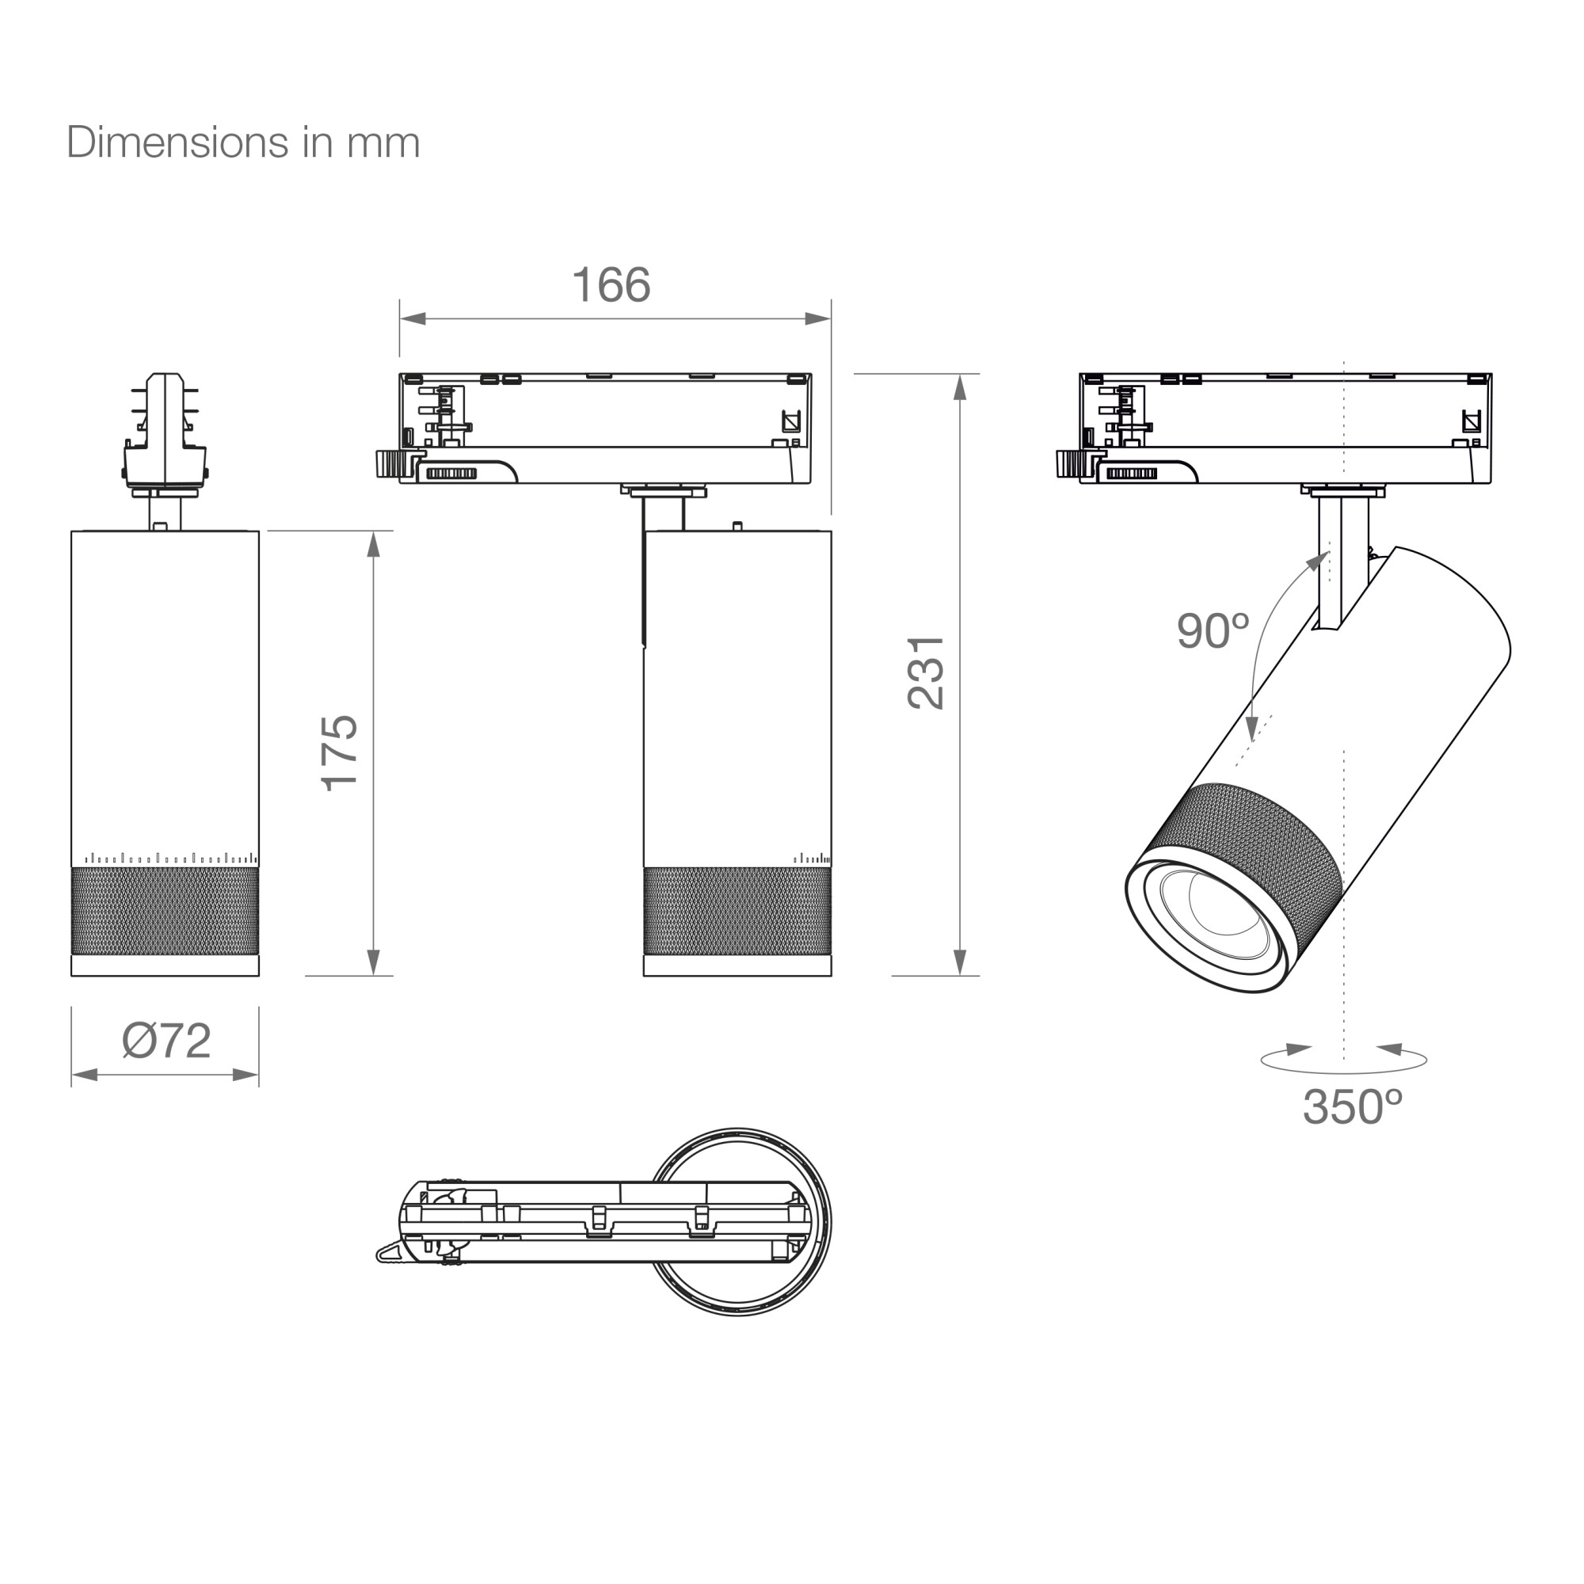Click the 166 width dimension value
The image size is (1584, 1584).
click(611, 285)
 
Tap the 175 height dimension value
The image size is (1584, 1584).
click(340, 752)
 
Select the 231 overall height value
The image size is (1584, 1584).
click(927, 672)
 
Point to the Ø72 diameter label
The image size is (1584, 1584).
click(166, 1041)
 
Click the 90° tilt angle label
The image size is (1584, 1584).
click(1213, 631)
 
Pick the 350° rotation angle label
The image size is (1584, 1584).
click(1352, 1107)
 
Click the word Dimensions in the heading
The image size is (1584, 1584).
click(178, 143)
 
